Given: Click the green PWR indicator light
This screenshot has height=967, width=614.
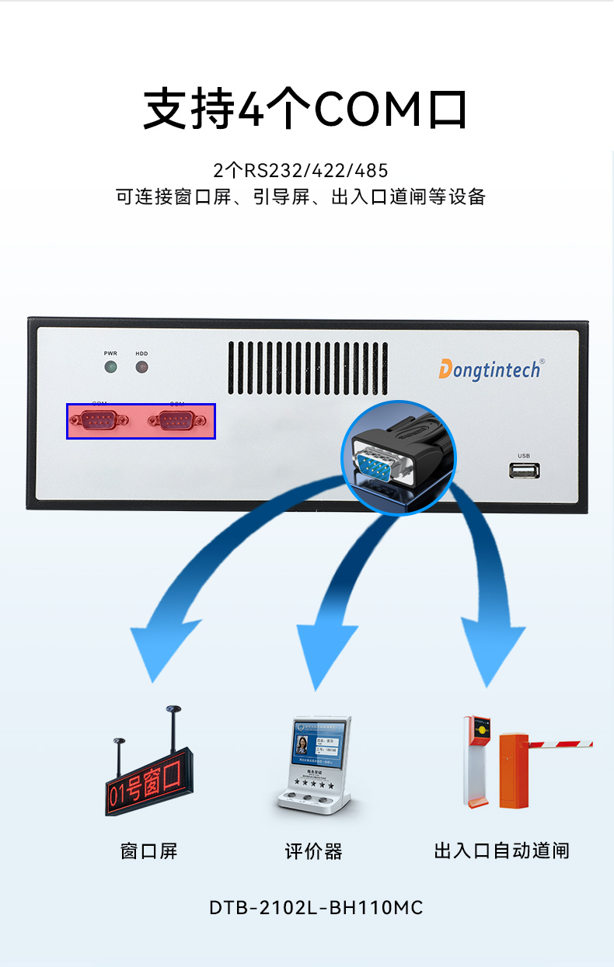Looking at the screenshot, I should (x=110, y=367).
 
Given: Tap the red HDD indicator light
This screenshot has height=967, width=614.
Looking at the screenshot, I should (x=141, y=367).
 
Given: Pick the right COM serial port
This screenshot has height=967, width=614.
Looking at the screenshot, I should (x=177, y=420).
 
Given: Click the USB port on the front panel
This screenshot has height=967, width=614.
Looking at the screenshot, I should (x=524, y=470).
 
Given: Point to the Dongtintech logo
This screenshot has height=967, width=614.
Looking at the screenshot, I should (x=489, y=369).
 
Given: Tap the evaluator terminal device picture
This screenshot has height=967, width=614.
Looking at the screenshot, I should (x=316, y=765).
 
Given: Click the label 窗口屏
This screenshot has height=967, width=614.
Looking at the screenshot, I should (x=149, y=851).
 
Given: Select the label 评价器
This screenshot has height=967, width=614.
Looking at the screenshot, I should (x=313, y=851).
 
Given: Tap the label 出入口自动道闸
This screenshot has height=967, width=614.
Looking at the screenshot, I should (x=501, y=850).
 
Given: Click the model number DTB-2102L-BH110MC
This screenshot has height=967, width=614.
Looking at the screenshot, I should (x=316, y=907).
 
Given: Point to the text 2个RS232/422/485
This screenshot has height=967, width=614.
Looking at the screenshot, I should (x=300, y=170).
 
